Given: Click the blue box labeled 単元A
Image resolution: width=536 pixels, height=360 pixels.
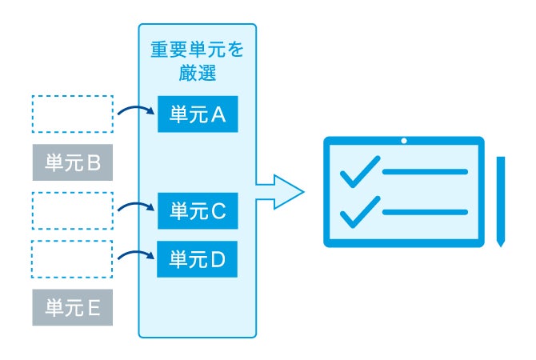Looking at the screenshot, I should [x=198, y=114].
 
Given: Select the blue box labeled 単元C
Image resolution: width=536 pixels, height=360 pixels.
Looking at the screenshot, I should [x=198, y=211].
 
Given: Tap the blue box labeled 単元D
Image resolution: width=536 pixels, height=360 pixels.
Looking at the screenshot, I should [x=198, y=258].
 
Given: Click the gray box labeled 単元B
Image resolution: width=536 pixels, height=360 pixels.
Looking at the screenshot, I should [x=73, y=163].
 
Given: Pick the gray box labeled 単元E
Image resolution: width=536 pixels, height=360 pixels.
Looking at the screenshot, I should [x=73, y=307].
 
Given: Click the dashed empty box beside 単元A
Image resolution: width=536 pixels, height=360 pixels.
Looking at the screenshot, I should [x=73, y=114].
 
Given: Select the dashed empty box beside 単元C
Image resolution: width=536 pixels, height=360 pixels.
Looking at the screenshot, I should [x=73, y=211].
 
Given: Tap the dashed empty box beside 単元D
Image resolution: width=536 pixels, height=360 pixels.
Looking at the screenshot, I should [x=73, y=258].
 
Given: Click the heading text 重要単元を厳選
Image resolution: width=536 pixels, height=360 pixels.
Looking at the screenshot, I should [x=198, y=61].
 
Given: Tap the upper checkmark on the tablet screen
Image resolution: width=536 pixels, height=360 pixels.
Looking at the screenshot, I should [x=359, y=170].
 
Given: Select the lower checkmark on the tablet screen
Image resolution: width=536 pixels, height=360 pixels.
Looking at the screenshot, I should [x=359, y=210].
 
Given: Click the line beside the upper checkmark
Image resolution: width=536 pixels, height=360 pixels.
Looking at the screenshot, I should [x=425, y=171].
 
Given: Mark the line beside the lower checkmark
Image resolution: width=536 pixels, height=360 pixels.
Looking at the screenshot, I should [x=425, y=211].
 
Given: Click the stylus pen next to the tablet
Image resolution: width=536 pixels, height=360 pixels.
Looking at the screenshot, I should [x=501, y=200].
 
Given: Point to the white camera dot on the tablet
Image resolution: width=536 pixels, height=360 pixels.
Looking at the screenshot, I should [x=404, y=142].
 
